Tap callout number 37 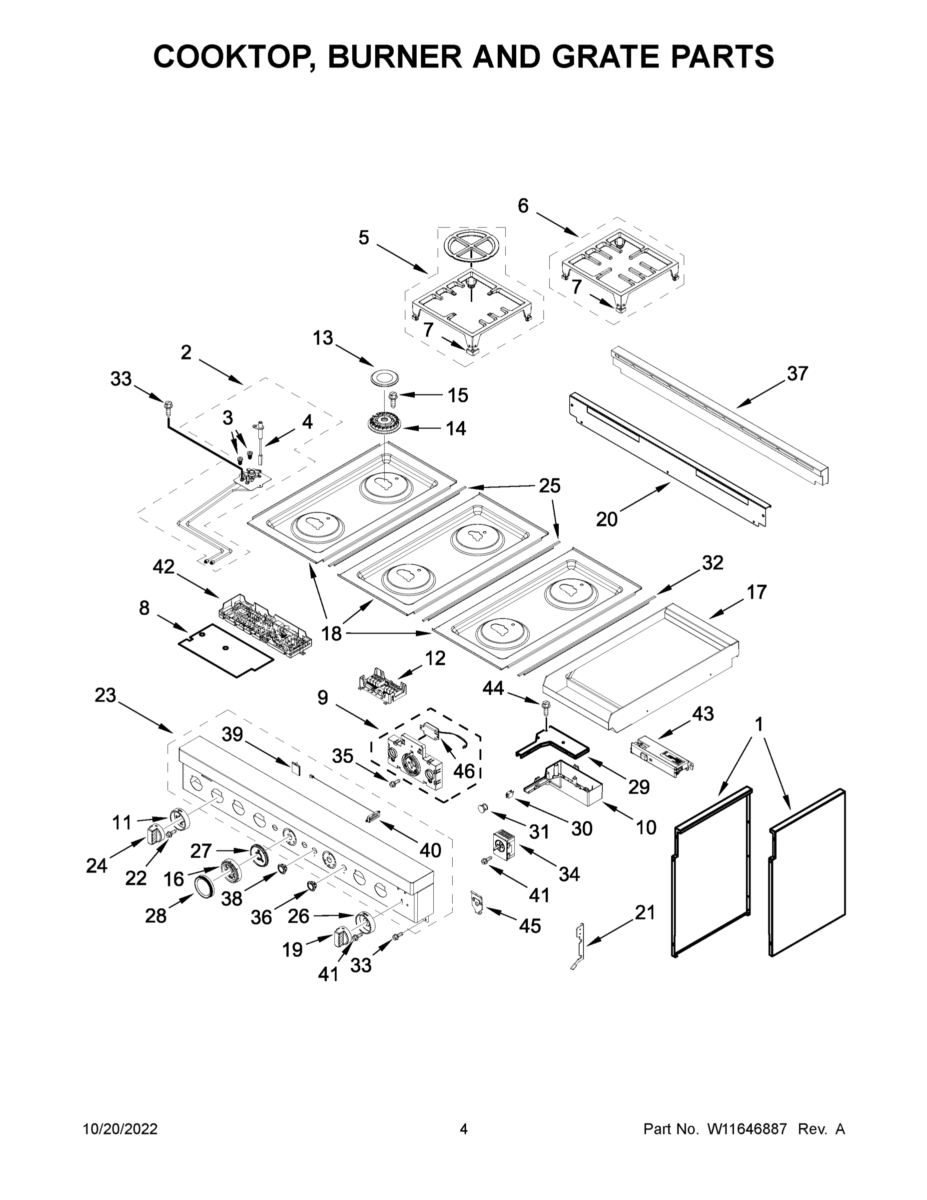(x=797, y=373)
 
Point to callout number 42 (x=163, y=566)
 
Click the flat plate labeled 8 (x=226, y=650)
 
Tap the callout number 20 (x=607, y=518)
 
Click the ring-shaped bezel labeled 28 (x=206, y=887)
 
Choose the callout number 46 (x=464, y=771)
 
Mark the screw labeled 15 (x=393, y=395)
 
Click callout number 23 (x=105, y=695)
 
